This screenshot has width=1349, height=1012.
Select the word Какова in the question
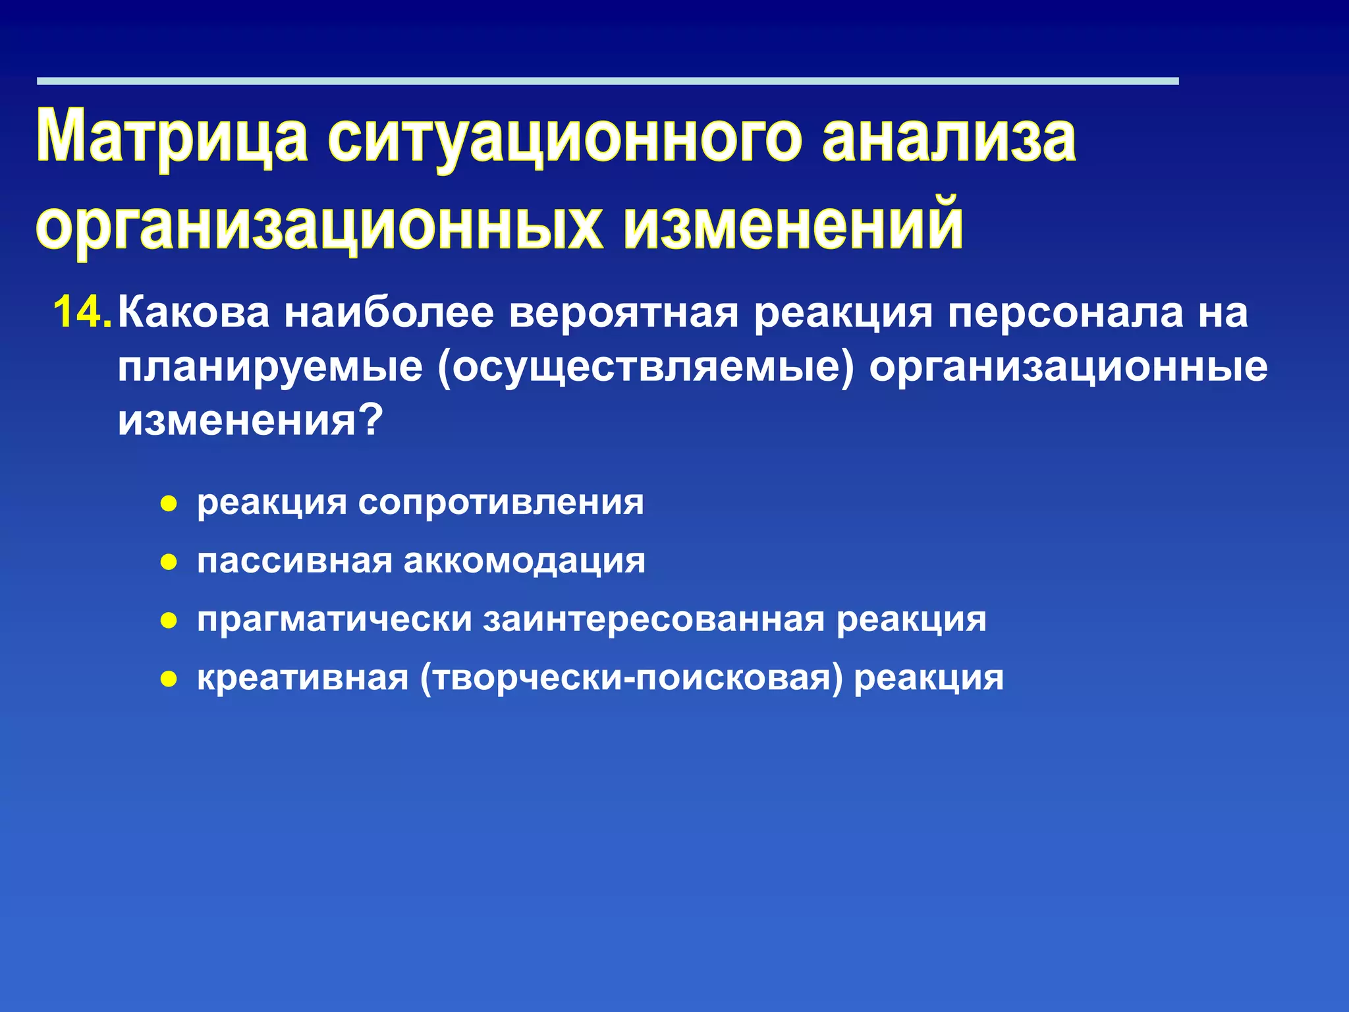pyautogui.click(x=194, y=312)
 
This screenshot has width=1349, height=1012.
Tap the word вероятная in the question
pyautogui.click(x=624, y=312)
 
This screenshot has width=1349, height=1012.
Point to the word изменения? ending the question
pyautogui.click(x=250, y=420)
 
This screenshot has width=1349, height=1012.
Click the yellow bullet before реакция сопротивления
pyautogui.click(x=169, y=505)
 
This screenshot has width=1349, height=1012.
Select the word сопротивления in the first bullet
pyautogui.click(x=501, y=503)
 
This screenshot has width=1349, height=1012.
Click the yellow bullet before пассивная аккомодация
pyautogui.click(x=169, y=563)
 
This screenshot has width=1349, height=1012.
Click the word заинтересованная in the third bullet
pyautogui.click(x=654, y=619)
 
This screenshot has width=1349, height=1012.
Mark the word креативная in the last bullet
pyautogui.click(x=303, y=677)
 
